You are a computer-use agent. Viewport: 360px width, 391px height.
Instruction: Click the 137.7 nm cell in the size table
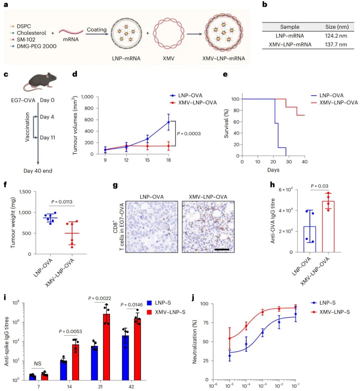[x=336, y=44]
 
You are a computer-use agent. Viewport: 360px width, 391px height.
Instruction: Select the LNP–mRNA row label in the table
[x=289, y=36]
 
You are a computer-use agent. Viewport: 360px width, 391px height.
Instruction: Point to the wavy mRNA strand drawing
[x=71, y=32]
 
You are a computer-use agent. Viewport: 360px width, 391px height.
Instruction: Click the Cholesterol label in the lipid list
[x=31, y=33]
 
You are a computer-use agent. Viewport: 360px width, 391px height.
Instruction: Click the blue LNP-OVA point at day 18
[x=169, y=122]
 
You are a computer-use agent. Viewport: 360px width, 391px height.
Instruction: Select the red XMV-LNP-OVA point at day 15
[x=148, y=146]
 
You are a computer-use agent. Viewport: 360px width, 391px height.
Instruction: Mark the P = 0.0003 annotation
[x=189, y=134]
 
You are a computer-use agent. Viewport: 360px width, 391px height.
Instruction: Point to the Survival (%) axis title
[x=227, y=123]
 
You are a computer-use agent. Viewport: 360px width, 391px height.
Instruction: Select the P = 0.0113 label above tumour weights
[x=62, y=202]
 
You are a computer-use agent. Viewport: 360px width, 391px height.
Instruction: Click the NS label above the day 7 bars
[x=37, y=364]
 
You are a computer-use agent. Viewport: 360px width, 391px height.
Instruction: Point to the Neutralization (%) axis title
[x=195, y=342]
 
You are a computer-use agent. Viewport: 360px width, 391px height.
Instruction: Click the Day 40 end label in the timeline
[x=38, y=171]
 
